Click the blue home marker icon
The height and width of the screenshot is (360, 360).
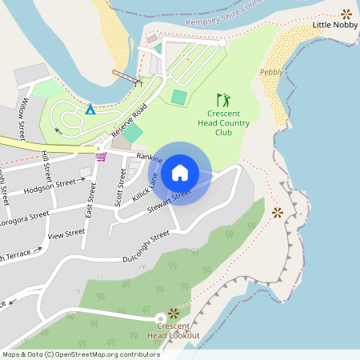click(x=179, y=173)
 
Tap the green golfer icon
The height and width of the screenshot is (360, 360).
click(x=223, y=101)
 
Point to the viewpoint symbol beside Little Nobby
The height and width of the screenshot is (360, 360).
click(x=346, y=13)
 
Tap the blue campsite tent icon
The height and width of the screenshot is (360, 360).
click(x=90, y=109)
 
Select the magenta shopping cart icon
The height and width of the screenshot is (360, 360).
click(x=101, y=156)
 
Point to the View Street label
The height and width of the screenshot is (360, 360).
click(x=66, y=235)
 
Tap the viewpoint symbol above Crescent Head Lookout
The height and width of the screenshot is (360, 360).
click(x=173, y=313)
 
